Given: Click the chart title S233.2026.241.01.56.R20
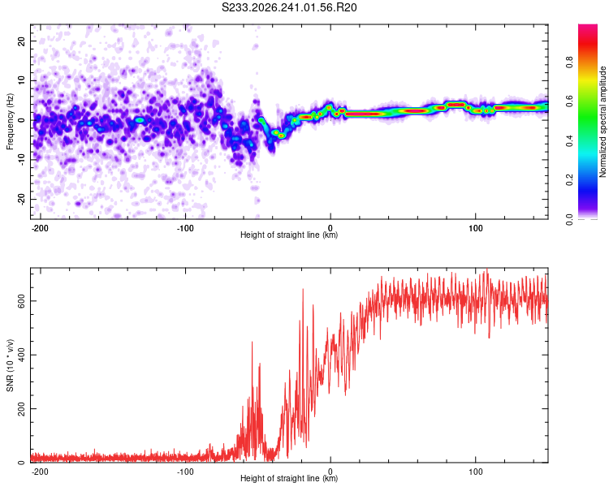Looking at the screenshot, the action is (289, 7).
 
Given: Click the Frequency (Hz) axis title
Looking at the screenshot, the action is (10, 122).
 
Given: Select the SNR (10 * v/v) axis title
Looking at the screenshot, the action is (10, 365).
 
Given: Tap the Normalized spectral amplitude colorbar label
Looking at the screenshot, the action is (603, 122).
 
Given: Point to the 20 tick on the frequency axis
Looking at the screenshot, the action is (22, 41).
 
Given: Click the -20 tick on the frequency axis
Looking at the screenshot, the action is (22, 199).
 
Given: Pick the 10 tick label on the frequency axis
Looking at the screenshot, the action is (22, 80).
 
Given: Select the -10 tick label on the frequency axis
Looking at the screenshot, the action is (22, 160).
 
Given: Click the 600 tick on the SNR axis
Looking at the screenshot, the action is (22, 301).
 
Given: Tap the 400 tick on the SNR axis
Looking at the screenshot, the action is (22, 355).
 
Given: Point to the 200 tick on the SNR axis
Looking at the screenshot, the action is (22, 408).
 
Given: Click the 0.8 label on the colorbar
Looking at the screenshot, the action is (569, 62).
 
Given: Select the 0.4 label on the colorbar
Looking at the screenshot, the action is (569, 140).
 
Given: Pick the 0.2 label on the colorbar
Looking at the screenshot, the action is (569, 180).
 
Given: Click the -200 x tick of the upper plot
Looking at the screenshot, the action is (40, 228).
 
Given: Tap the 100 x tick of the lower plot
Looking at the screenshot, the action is (475, 472).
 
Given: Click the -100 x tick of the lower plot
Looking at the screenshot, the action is (185, 472).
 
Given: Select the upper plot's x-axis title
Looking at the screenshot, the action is (289, 235).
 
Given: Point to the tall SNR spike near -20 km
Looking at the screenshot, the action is (303, 289).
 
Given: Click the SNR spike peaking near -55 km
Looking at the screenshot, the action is (252, 342).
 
